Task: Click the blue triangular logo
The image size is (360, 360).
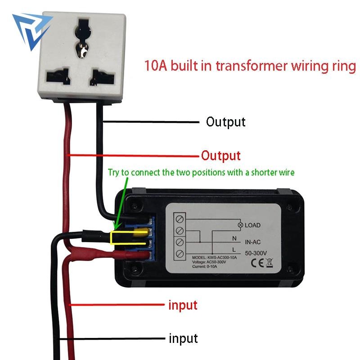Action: click(x=32, y=30)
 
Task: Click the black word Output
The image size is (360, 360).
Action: click(x=226, y=122)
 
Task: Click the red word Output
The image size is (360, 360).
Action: click(x=221, y=156)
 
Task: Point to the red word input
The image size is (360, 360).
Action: click(x=183, y=305)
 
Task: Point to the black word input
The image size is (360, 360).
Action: click(x=183, y=338)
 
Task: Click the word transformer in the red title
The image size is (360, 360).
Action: click(x=252, y=66)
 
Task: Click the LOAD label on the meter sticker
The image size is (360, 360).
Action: click(x=252, y=225)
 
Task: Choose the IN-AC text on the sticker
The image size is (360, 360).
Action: click(x=253, y=242)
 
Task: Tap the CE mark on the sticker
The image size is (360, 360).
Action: click(x=257, y=263)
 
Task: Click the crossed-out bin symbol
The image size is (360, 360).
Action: click(x=270, y=263)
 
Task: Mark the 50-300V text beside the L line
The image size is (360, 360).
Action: click(x=256, y=253)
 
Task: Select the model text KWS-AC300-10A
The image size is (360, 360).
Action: click(x=222, y=257)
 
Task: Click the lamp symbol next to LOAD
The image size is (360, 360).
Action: click(x=240, y=225)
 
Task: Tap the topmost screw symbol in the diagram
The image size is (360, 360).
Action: click(x=180, y=219)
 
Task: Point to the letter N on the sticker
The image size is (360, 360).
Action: click(x=234, y=238)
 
